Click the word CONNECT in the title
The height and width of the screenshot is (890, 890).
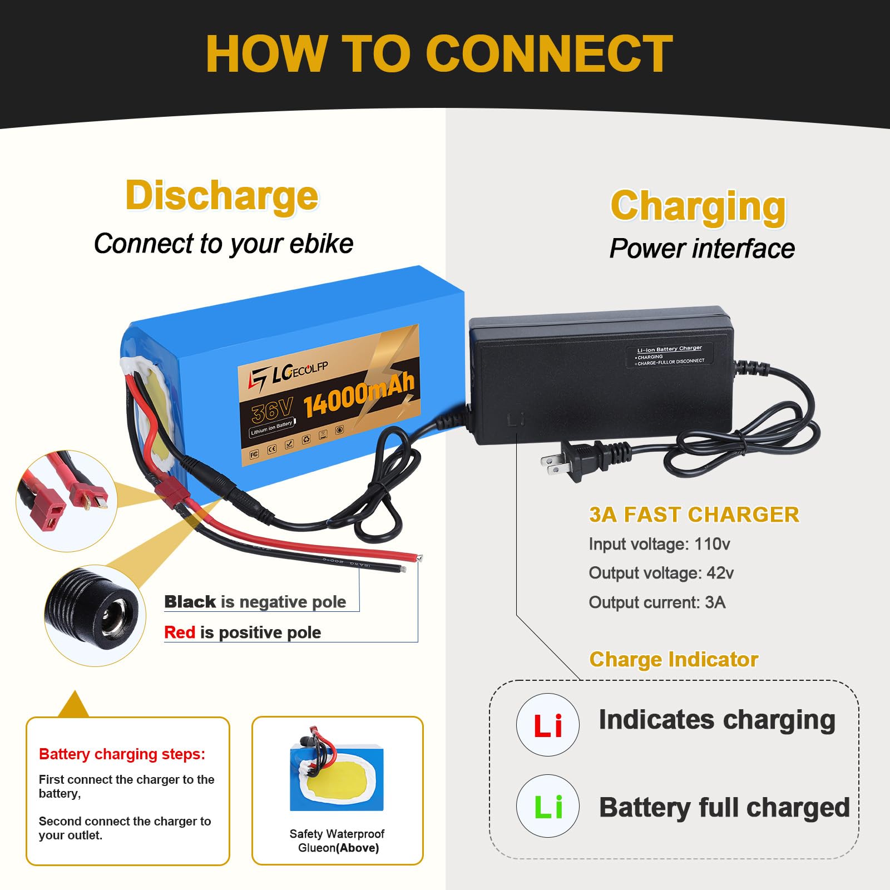(549, 54)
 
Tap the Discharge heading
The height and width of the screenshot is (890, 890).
(222, 195)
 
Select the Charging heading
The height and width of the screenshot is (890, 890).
(698, 206)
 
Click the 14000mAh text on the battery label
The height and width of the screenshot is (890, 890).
(359, 396)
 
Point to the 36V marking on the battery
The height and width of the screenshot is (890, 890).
(271, 411)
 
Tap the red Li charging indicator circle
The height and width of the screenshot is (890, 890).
(548, 725)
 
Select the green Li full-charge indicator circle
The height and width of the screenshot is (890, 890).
(548, 806)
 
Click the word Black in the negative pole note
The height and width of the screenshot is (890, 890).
(190, 602)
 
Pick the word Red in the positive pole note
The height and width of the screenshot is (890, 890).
(180, 632)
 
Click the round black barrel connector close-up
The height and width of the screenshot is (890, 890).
(95, 616)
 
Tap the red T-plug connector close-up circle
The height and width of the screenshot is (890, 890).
(66, 501)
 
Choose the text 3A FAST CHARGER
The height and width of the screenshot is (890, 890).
(694, 515)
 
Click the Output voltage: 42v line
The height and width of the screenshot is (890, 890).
(661, 573)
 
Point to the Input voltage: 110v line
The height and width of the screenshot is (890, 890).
(659, 544)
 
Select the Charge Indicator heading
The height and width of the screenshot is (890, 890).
(674, 659)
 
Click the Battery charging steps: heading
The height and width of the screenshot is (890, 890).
(122, 754)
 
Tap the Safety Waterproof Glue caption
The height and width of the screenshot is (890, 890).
(337, 840)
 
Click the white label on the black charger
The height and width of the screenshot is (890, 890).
(670, 355)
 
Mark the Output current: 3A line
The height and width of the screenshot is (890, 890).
(657, 602)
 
